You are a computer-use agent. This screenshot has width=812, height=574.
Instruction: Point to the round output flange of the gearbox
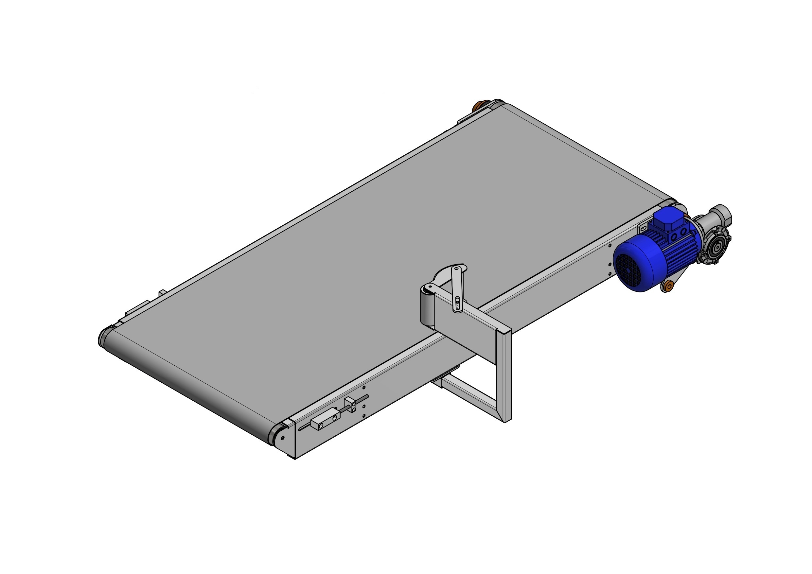pos(715,249)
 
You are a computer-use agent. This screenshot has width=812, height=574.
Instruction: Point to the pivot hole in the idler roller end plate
pos(282,438)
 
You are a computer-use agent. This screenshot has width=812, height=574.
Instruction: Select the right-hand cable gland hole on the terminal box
pos(683,231)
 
